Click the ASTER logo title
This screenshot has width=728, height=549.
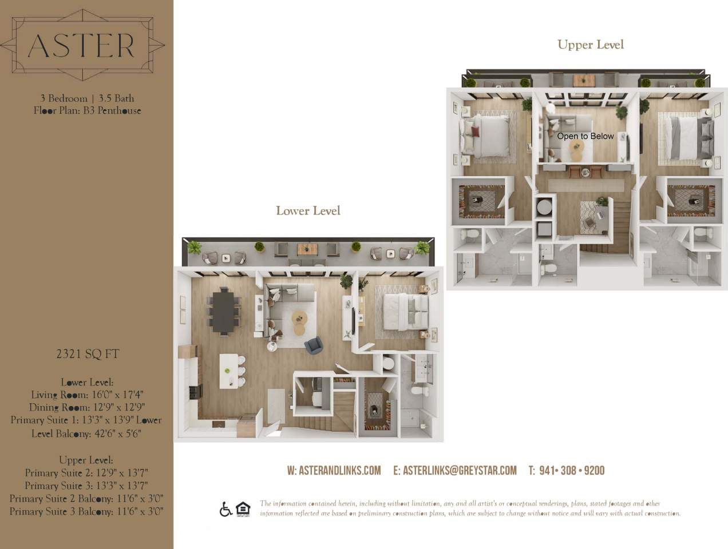pyautogui.click(x=81, y=45)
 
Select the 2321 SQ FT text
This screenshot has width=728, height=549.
pyautogui.click(x=88, y=354)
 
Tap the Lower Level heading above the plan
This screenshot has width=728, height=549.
pyautogui.click(x=308, y=210)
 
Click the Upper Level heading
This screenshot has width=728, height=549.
pyautogui.click(x=590, y=45)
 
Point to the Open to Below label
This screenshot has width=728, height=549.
pyautogui.click(x=585, y=136)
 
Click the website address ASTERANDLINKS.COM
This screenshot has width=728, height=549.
pyautogui.click(x=334, y=471)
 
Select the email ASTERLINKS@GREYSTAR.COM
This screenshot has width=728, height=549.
pyautogui.click(x=454, y=471)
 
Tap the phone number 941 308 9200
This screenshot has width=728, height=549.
pyautogui.click(x=566, y=471)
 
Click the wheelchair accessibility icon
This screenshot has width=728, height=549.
pyautogui.click(x=225, y=509)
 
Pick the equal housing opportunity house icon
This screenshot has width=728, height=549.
pyautogui.click(x=243, y=509)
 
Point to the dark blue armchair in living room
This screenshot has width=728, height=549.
pyautogui.click(x=313, y=345)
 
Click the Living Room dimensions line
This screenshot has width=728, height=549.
pyautogui.click(x=88, y=395)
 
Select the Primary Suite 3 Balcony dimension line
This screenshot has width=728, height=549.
pyautogui.click(x=86, y=511)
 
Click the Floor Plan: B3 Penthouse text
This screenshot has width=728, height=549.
pyautogui.click(x=87, y=110)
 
